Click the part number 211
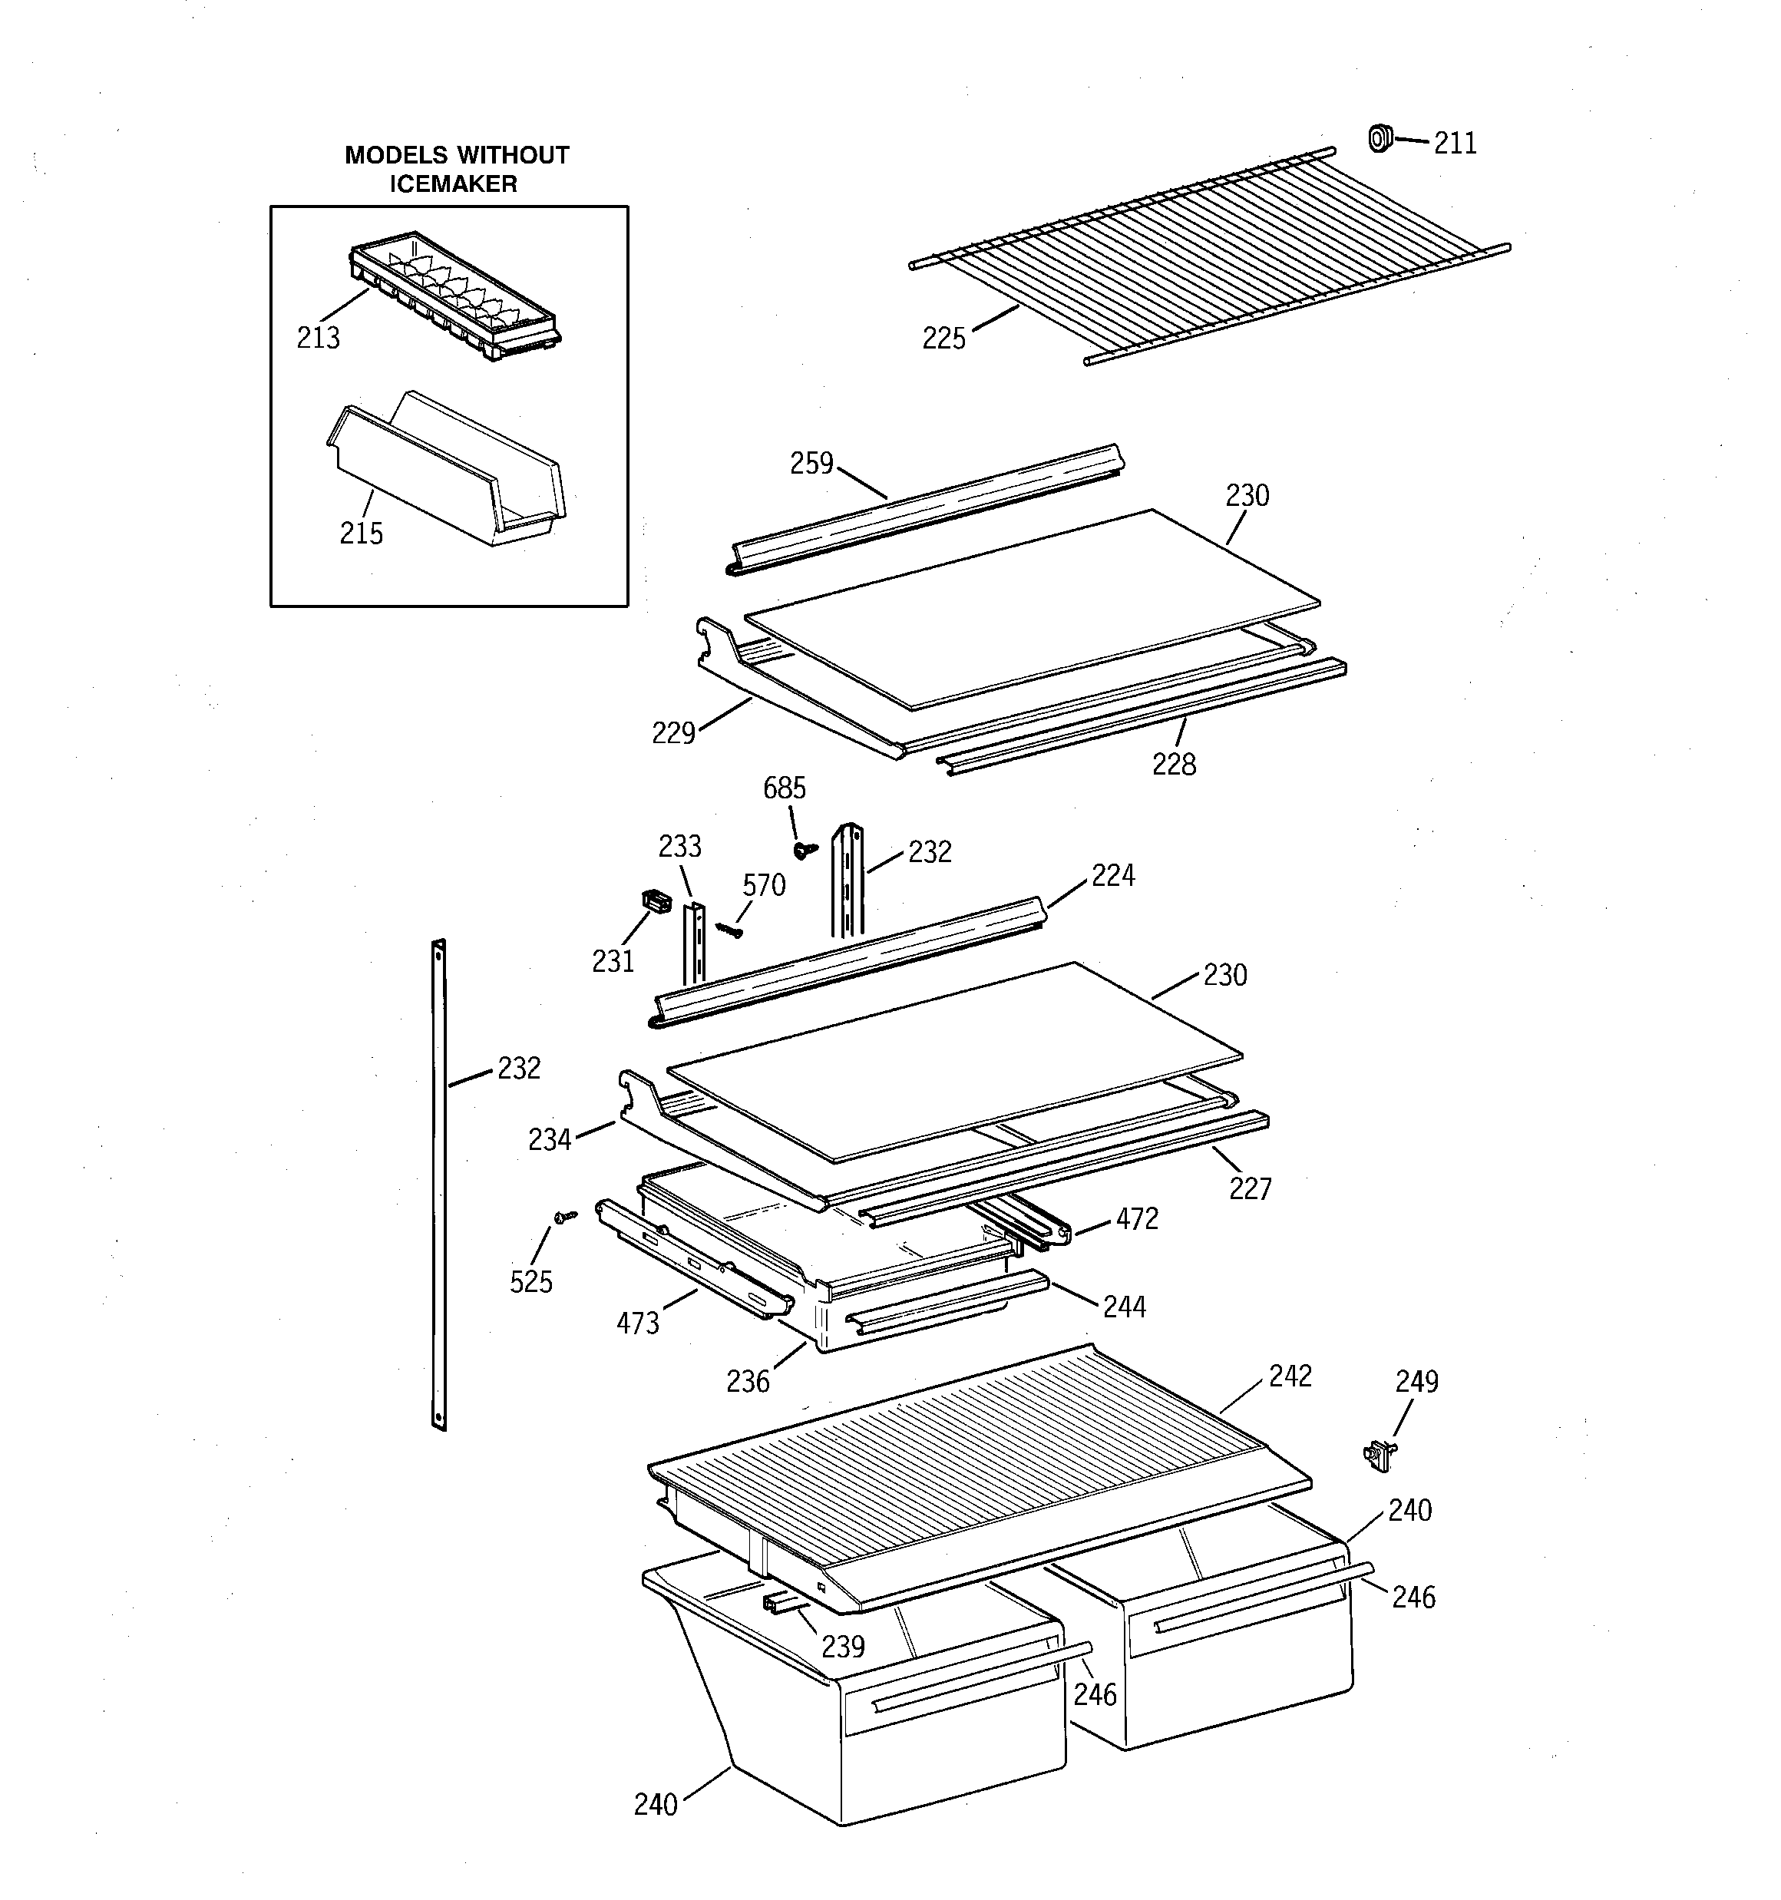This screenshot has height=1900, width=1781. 1454,144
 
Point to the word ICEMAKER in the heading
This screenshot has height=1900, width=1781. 452,184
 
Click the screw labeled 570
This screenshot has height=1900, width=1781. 729,928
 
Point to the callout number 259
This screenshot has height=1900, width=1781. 811,464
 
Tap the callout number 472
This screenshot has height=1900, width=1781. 1137,1218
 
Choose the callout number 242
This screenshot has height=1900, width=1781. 1290,1376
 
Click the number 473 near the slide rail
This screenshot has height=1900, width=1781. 638,1323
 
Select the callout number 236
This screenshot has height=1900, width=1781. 747,1382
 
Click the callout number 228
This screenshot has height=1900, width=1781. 1173,765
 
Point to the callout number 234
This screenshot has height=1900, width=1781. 550,1139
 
